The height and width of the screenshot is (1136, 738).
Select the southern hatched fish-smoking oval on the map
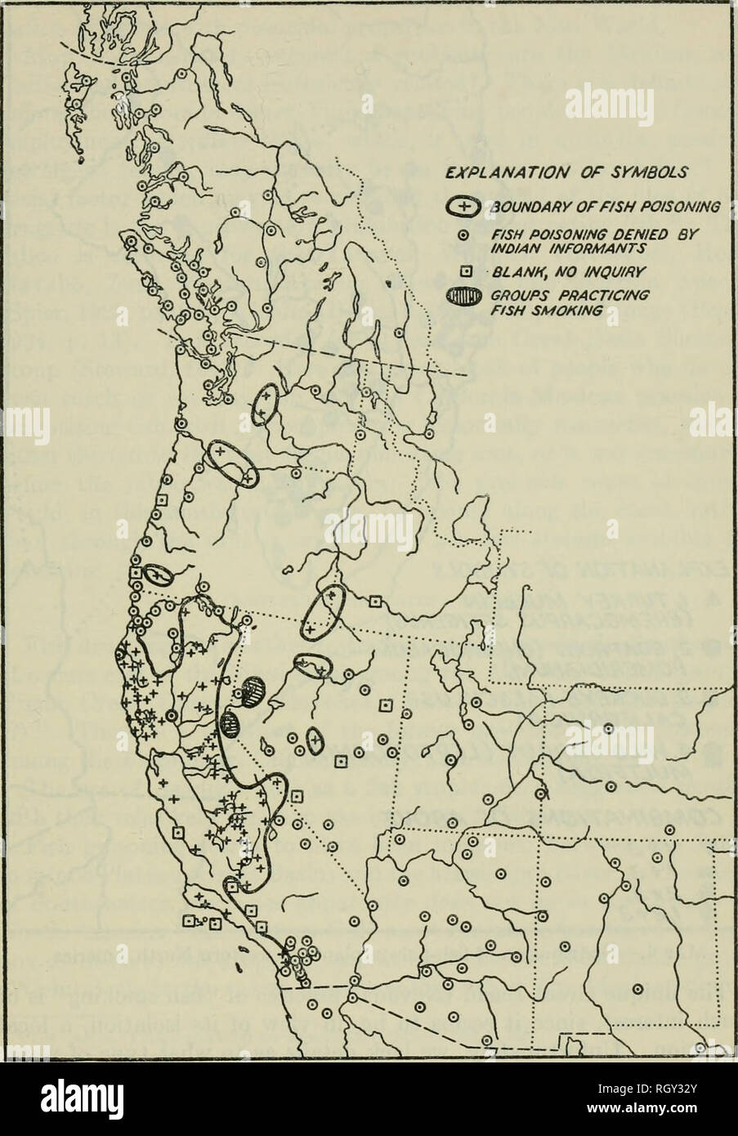click(x=231, y=722)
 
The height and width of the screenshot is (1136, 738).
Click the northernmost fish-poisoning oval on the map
click(x=265, y=404)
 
